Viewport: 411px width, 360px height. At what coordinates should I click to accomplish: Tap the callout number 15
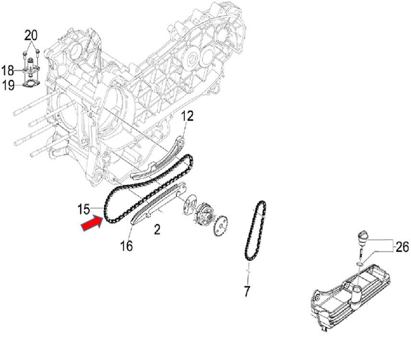(84, 209)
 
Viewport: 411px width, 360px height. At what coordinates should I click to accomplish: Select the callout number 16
(126, 246)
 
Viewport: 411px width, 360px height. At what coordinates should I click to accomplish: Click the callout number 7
(247, 291)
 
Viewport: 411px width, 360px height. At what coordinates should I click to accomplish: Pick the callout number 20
(30, 35)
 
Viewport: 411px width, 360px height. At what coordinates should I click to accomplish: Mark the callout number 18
(8, 71)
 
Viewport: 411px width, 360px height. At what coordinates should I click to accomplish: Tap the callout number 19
(8, 86)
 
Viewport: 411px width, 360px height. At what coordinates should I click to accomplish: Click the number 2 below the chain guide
(157, 229)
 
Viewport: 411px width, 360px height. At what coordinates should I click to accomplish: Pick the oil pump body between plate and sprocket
(205, 215)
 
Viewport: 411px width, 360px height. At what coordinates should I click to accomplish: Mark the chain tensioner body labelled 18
(31, 70)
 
